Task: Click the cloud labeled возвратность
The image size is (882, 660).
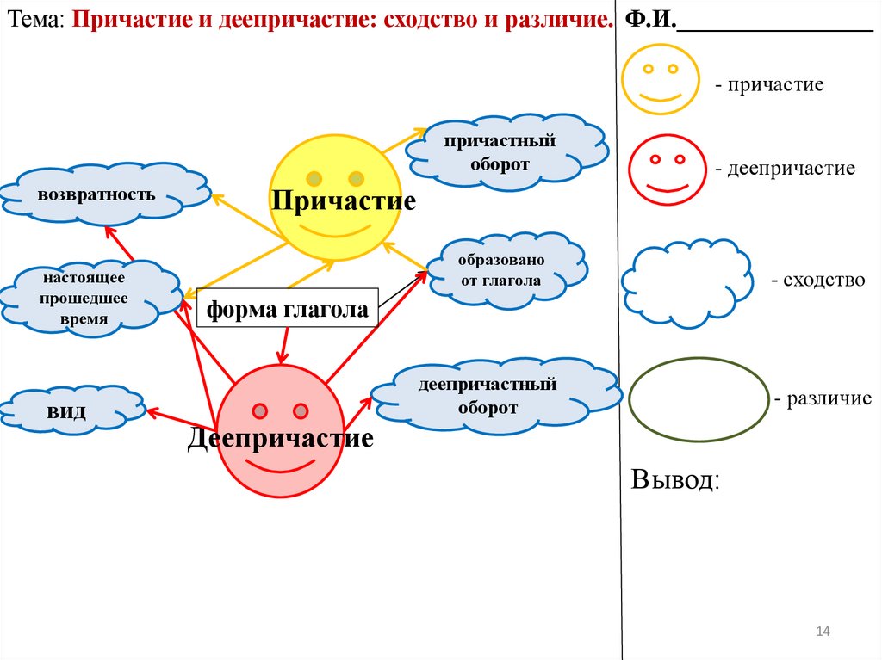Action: point(96,194)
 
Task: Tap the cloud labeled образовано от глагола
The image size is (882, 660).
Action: point(500,270)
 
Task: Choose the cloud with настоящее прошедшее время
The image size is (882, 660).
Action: point(84,298)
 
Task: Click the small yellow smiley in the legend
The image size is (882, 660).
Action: point(661,79)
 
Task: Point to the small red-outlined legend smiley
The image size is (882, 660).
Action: point(666,172)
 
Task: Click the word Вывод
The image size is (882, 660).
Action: point(675,479)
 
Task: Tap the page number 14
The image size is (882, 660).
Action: point(822,632)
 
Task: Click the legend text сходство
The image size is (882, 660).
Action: point(817,280)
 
